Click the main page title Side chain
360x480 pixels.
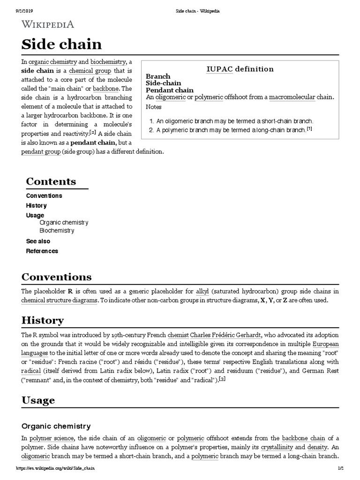tap(61, 45)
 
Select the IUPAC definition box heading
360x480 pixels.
tap(240, 69)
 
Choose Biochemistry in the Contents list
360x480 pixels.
tap(57, 231)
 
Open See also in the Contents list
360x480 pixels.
tap(38, 241)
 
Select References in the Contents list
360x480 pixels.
tap(42, 251)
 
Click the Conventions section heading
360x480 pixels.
tap(56, 277)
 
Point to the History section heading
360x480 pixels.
tap(43, 321)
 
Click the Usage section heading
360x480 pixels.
tap(38, 400)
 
